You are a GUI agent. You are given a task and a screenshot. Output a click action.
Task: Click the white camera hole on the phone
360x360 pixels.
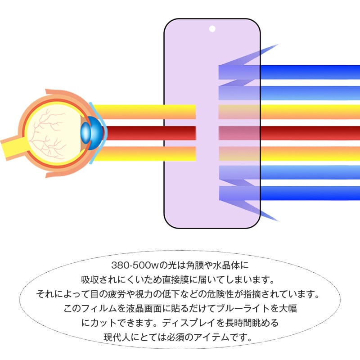(212, 29)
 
